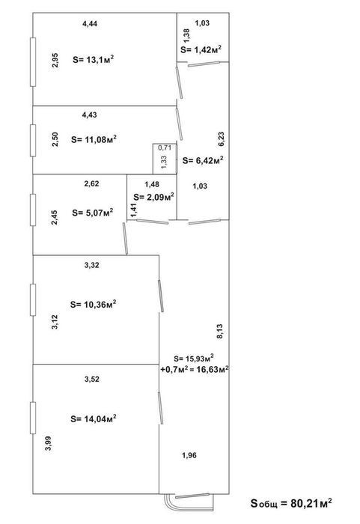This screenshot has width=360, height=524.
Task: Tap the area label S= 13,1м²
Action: [94, 59]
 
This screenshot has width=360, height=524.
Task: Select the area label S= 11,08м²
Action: [94, 139]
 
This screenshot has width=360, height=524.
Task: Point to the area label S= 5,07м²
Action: [93, 213]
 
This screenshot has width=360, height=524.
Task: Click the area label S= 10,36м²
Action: [94, 305]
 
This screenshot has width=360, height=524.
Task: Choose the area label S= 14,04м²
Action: [94, 418]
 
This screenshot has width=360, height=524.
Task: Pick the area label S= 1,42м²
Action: [201, 49]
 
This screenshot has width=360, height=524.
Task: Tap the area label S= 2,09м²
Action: [153, 197]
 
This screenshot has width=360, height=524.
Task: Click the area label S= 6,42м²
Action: [204, 160]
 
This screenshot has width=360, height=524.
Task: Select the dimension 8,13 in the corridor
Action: [220, 332]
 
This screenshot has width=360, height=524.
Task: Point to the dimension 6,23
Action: [222, 139]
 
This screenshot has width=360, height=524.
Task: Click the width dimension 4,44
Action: [90, 23]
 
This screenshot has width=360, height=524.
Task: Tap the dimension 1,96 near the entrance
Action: [189, 455]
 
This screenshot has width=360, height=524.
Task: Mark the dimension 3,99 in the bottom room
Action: [49, 444]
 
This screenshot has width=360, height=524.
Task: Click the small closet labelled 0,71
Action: [165, 159]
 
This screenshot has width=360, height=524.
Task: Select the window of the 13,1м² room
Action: [33, 62]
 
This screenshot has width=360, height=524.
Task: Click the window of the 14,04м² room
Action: [33, 418]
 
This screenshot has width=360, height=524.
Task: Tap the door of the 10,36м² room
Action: [161, 296]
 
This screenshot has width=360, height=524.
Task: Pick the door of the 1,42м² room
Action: [204, 64]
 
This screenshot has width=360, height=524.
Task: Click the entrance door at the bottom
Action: [192, 496]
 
